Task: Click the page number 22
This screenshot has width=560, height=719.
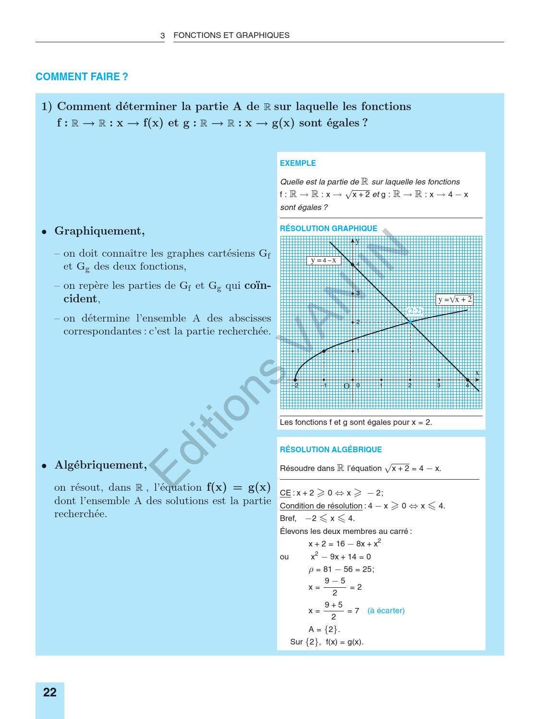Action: (x=49, y=692)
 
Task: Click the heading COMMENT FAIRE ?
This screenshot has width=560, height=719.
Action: (x=82, y=77)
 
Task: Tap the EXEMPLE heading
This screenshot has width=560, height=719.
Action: (x=298, y=163)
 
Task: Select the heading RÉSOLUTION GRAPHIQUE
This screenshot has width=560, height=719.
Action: (x=329, y=228)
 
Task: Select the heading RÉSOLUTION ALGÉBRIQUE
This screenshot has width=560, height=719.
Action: (x=331, y=449)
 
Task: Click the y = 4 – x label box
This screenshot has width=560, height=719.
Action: (x=324, y=260)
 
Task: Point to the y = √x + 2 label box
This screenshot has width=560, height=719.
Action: (x=454, y=299)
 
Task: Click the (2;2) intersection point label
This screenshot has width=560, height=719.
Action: (x=414, y=311)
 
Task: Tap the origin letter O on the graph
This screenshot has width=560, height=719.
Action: (x=346, y=386)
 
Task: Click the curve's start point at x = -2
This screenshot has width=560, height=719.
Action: (x=295, y=380)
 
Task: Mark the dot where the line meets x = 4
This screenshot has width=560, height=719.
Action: (x=468, y=380)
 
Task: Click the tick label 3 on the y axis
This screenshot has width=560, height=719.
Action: (x=358, y=293)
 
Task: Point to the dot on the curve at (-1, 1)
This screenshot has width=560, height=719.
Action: (x=324, y=351)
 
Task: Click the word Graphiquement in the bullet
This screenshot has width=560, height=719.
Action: (x=99, y=231)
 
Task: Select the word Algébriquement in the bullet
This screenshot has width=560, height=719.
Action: (x=100, y=465)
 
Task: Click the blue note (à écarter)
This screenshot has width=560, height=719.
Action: (x=386, y=610)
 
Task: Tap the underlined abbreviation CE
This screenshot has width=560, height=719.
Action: (x=285, y=493)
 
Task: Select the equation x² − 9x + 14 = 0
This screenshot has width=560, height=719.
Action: (x=341, y=557)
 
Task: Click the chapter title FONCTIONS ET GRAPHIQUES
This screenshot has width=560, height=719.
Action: (x=231, y=35)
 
